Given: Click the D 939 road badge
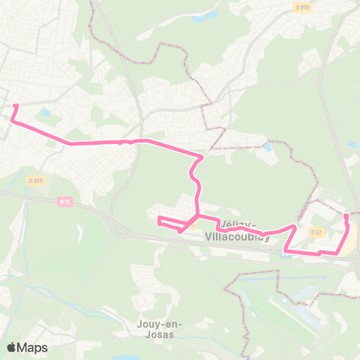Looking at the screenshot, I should click(35, 180).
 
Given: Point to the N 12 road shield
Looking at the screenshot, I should click(64, 201).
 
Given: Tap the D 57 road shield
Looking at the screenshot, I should click(316, 232).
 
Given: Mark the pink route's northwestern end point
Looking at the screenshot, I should click(16, 106).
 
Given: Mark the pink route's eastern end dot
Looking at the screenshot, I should click(346, 216).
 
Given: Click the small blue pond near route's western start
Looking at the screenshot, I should click(46, 113).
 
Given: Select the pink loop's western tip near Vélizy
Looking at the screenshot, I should click(158, 219).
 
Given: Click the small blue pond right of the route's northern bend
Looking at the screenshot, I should click(268, 146).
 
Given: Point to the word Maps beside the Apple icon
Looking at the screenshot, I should click(33, 348).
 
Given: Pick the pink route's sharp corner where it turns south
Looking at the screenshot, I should click(201, 158).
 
